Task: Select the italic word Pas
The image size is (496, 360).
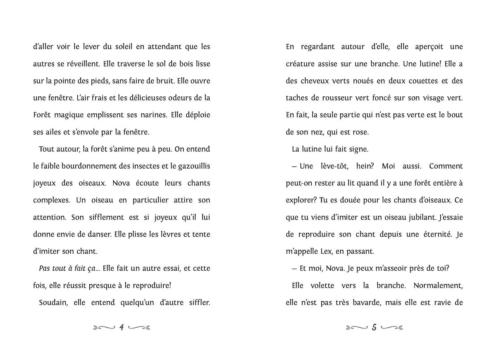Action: point(44,268)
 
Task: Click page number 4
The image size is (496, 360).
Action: point(122,328)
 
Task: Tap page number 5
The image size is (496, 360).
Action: point(374,328)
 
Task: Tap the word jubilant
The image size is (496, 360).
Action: point(419,217)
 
